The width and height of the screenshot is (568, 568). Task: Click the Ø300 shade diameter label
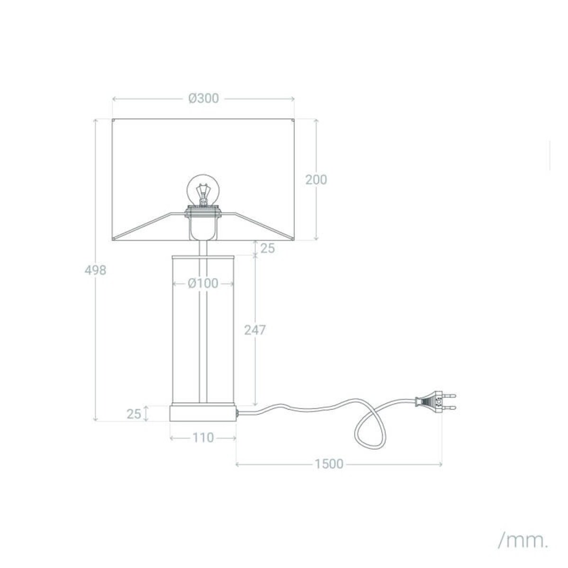204,98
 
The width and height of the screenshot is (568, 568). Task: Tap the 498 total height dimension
95,270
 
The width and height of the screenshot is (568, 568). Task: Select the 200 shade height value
316,180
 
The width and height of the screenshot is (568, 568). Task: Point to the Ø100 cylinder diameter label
203,284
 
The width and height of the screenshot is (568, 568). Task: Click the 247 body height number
255,330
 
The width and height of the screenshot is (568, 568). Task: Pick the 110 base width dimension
203,438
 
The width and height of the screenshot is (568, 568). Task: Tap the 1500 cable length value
329,464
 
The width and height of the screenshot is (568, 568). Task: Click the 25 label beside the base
134,414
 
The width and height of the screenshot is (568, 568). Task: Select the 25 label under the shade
267,248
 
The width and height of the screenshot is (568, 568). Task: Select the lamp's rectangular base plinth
203,413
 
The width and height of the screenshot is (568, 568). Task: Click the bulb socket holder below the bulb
203,225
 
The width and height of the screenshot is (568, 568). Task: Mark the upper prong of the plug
450,394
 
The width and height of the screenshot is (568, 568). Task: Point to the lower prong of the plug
450,408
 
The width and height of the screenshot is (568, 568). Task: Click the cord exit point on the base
237,414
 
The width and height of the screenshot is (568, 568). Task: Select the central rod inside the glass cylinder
203,331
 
